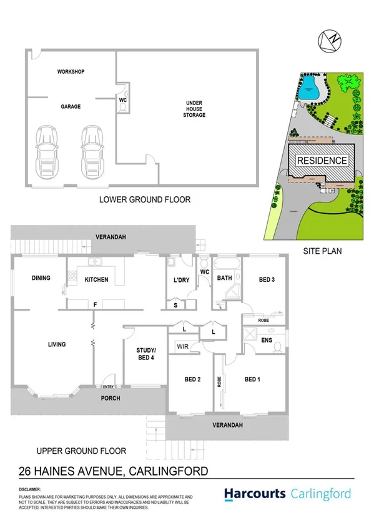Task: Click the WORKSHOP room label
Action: [x=71, y=72]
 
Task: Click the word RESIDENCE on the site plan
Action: [x=322, y=161]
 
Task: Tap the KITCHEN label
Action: [x=97, y=279]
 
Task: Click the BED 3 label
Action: [x=267, y=279]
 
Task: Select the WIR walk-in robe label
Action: [x=183, y=345]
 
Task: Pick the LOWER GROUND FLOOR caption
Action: [x=145, y=200]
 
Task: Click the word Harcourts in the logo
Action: [x=255, y=494]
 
